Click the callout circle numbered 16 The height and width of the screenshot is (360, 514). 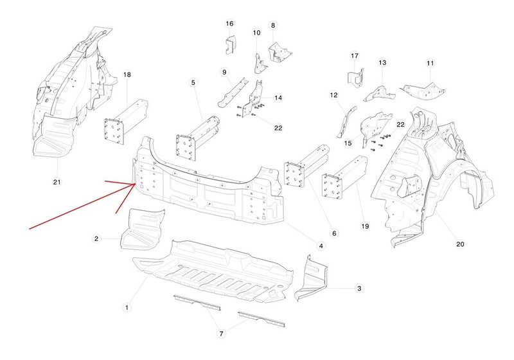point(229,24)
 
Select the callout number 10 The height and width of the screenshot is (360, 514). point(256,33)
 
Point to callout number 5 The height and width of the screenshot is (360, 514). point(192,82)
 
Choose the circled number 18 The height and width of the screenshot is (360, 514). point(127,75)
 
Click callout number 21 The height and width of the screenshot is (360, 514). point(57,182)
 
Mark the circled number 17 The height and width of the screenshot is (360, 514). point(354,55)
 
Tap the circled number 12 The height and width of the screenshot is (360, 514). point(333,95)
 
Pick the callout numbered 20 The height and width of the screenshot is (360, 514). point(459,244)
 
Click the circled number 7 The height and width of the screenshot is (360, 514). point(221,333)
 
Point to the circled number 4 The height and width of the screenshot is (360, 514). point(320,246)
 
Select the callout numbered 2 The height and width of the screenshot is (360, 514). point(97,239)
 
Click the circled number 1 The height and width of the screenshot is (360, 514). point(127,309)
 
